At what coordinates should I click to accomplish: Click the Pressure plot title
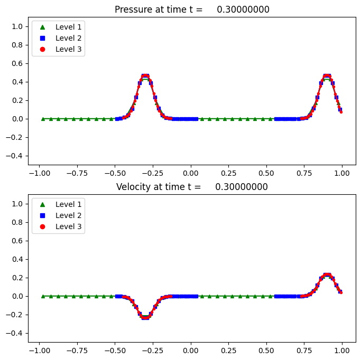192,10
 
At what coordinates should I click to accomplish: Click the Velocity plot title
192,187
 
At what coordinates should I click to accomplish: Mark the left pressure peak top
145,75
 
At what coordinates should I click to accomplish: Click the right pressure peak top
327,75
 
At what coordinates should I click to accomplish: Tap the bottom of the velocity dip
145,318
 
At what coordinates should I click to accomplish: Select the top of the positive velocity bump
327,274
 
